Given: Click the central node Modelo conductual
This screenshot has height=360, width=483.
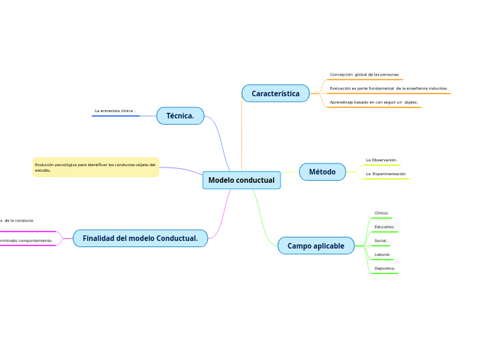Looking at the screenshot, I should [241, 180].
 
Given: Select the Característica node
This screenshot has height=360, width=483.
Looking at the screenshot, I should [275, 93].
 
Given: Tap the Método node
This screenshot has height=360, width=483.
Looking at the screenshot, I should [322, 172].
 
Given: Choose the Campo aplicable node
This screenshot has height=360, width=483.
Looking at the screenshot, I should [315, 245].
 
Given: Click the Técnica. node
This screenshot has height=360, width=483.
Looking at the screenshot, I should [180, 116].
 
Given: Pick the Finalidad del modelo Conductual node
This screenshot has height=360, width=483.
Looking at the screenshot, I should [140, 238].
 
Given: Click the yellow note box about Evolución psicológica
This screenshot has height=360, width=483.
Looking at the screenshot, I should [96, 167].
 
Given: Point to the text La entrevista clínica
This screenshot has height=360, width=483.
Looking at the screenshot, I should [114, 111].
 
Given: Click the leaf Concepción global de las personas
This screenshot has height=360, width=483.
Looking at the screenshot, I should [365, 74].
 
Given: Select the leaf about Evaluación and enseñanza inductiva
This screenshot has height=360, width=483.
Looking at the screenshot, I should [388, 89].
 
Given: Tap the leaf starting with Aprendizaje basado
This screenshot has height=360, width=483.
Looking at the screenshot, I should [374, 102].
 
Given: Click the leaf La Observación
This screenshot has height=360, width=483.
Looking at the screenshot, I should [381, 160].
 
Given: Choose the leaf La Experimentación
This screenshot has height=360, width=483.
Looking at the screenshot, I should [385, 174].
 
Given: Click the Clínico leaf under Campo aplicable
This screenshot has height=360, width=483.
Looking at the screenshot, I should [381, 213].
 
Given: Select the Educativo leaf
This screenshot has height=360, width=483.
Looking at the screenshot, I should [384, 227].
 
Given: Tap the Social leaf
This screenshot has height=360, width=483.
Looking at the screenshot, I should [380, 241].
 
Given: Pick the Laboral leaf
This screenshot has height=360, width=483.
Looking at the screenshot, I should [382, 255].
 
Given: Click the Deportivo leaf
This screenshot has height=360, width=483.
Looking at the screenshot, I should [385, 269].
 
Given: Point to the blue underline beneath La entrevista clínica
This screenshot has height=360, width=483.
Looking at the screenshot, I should [116, 116].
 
